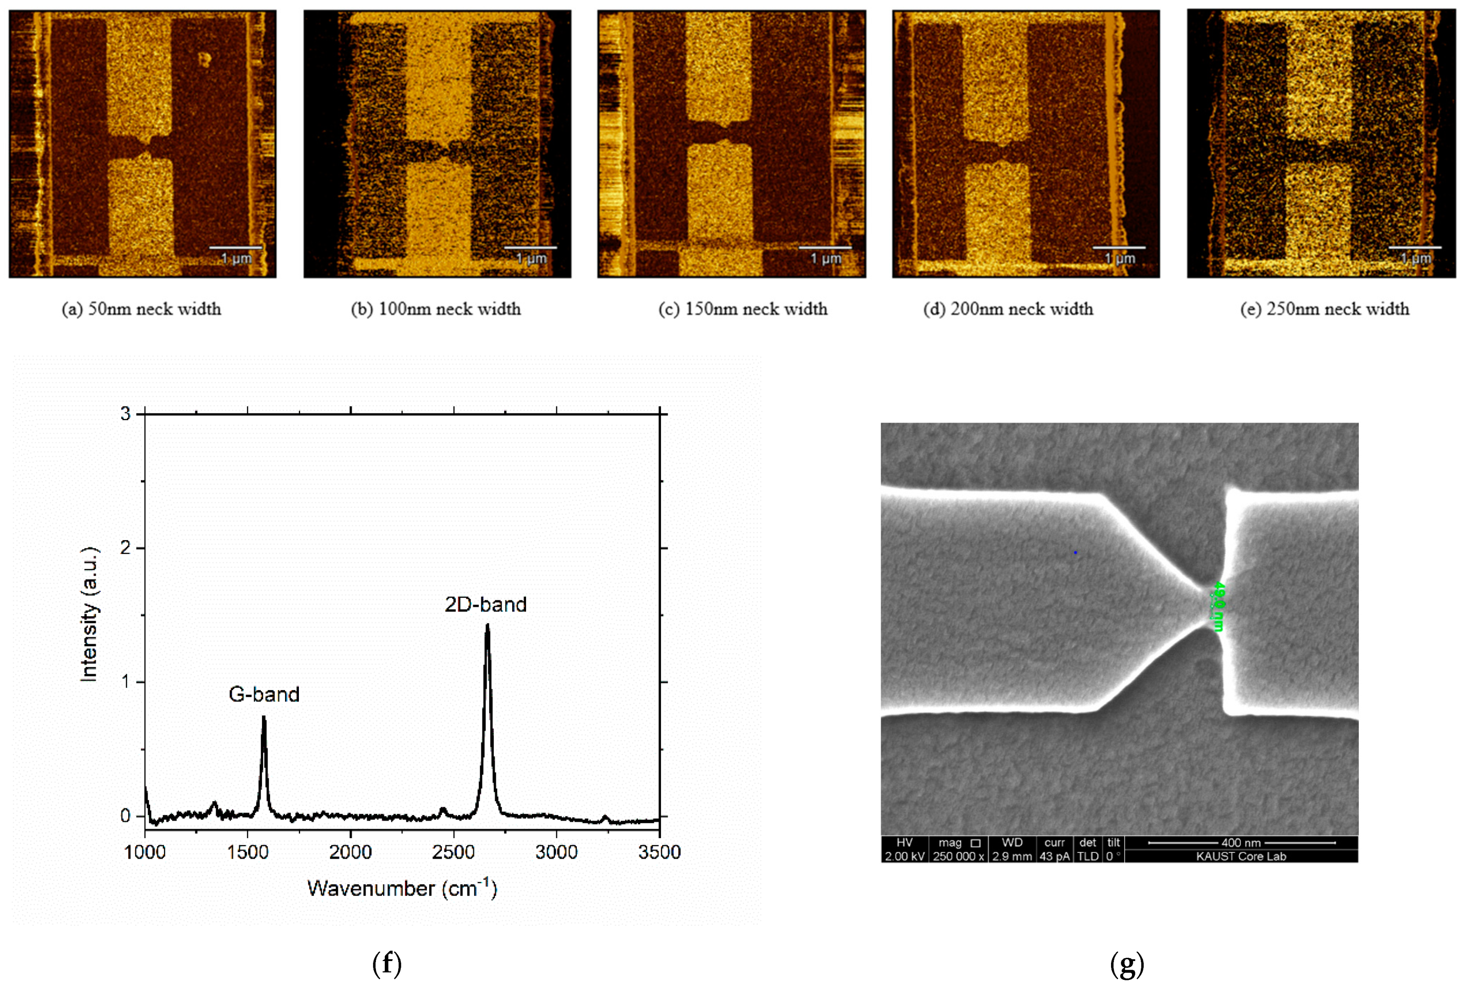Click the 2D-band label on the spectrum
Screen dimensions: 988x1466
click(x=486, y=604)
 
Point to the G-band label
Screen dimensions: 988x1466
click(x=264, y=695)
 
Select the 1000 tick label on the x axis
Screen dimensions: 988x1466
click(x=145, y=853)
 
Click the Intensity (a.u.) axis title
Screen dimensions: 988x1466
click(x=89, y=614)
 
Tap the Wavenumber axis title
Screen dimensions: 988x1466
click(x=402, y=889)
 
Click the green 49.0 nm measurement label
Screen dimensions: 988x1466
click(x=1219, y=606)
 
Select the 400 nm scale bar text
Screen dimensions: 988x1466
click(x=1241, y=843)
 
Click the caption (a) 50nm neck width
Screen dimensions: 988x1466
click(x=142, y=309)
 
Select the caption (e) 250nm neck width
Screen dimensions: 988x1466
click(x=1324, y=309)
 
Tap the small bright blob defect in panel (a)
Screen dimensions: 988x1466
click(x=204, y=59)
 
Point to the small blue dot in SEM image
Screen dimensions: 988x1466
click(x=1075, y=553)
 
